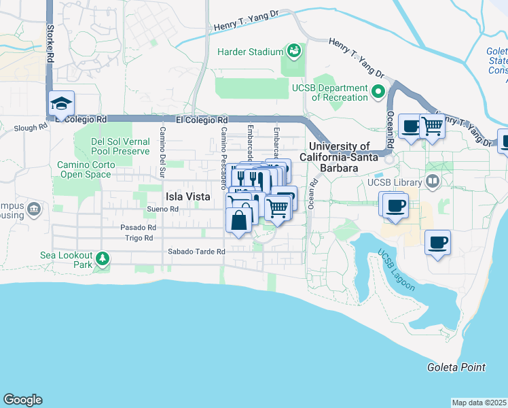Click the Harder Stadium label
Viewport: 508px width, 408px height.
(x=249, y=52)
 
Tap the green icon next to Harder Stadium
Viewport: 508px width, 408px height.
(x=293, y=52)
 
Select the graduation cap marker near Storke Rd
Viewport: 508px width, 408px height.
(x=61, y=105)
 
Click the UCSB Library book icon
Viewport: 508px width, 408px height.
(x=432, y=182)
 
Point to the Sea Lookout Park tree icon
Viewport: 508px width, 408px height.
(x=102, y=258)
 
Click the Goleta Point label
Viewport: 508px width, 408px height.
(x=456, y=367)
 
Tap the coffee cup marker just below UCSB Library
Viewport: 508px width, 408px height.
(x=395, y=205)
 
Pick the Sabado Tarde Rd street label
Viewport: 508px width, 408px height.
(x=196, y=252)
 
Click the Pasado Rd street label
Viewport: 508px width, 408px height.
(x=139, y=227)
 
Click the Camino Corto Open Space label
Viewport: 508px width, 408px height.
(x=93, y=169)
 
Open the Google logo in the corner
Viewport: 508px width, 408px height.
(x=22, y=400)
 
